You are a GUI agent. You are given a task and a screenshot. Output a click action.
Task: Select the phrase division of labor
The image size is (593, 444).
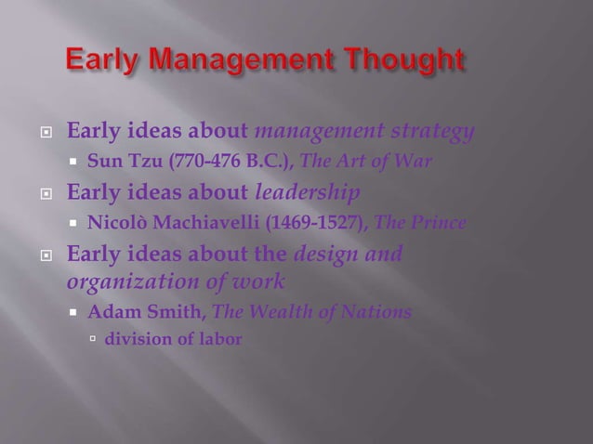[x=173, y=339]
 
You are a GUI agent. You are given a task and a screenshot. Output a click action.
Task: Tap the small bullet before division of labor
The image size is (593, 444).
[x=92, y=340]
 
